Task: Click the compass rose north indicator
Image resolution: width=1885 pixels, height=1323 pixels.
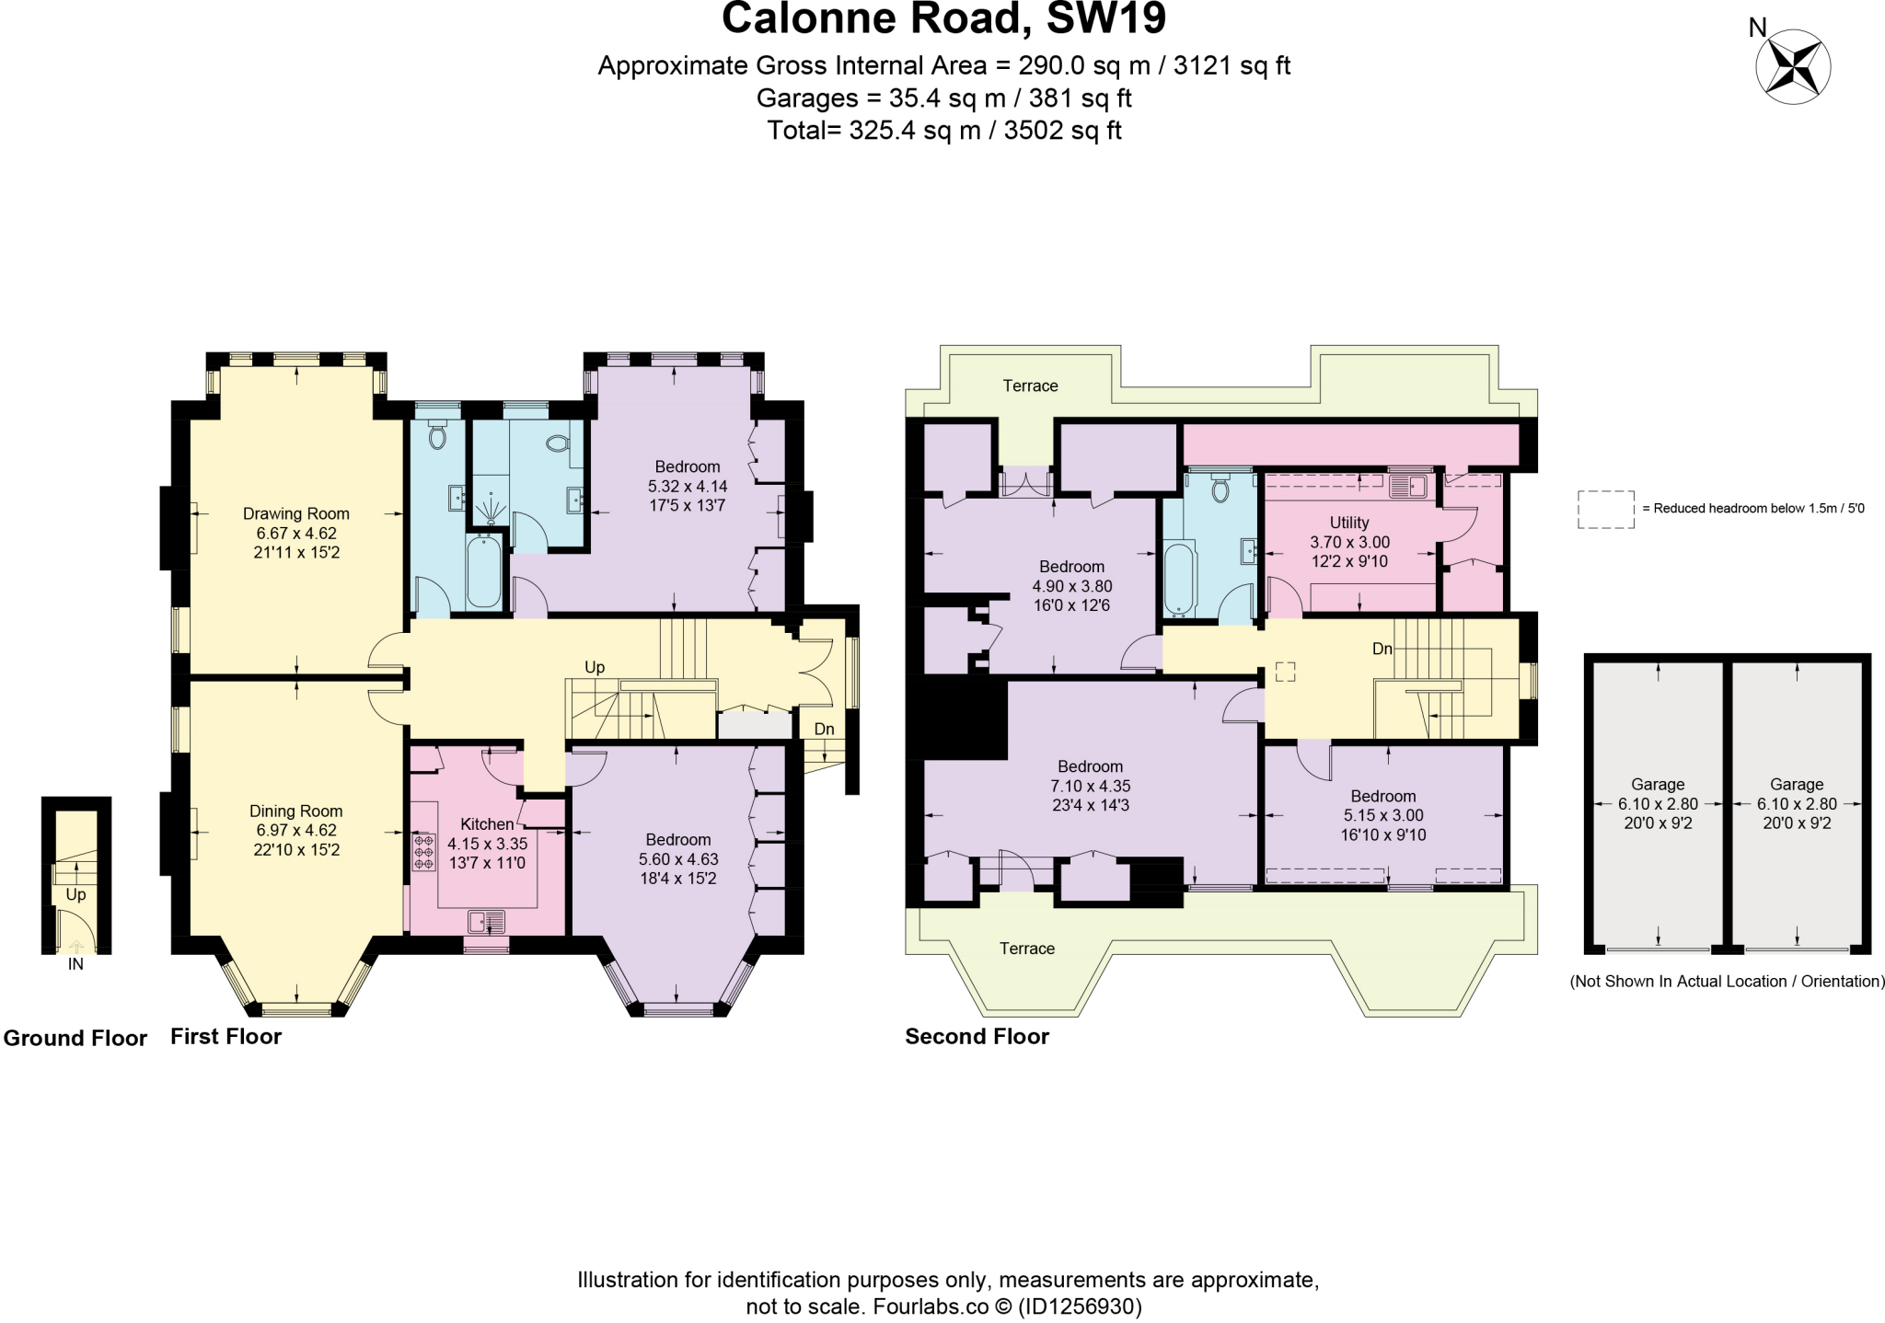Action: click(1793, 67)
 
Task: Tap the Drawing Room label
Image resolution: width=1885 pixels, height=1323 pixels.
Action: click(295, 513)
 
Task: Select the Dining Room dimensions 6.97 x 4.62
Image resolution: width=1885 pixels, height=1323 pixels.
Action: click(295, 830)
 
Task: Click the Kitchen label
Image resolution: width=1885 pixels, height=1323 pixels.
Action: click(487, 824)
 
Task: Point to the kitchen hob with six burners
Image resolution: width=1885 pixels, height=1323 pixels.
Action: click(424, 853)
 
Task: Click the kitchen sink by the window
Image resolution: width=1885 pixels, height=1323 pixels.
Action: click(486, 921)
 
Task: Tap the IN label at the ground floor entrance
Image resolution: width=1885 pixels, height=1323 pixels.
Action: click(75, 965)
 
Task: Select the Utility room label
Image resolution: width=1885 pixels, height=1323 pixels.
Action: click(1349, 523)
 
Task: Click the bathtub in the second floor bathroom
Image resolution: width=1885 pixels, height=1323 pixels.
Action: click(1179, 580)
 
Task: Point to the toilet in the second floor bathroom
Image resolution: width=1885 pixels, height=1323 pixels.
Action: click(1220, 489)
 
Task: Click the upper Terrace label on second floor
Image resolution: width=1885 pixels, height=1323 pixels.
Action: click(1030, 385)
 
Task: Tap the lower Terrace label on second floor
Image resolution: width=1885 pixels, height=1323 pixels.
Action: click(1027, 949)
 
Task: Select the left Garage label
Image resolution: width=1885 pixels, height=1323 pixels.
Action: click(1658, 785)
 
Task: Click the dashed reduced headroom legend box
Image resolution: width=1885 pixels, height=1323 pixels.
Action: click(1605, 509)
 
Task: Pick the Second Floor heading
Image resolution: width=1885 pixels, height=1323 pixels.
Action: click(977, 1037)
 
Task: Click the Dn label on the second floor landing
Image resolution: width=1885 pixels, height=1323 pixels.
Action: click(1382, 649)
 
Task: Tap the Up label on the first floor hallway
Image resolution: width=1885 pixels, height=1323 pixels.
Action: click(595, 667)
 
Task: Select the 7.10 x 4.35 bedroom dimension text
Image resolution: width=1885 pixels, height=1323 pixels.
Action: click(1090, 787)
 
